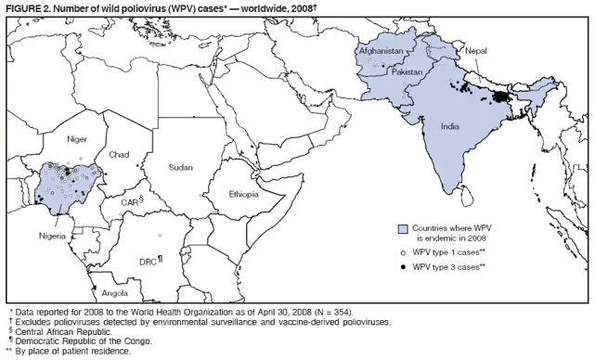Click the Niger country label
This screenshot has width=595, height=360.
point(77,139)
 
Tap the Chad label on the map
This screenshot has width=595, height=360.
point(119,154)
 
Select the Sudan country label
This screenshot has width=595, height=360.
point(181,167)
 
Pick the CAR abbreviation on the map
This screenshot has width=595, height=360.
point(131,201)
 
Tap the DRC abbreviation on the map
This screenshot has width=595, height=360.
point(149,262)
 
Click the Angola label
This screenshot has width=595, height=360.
point(102,293)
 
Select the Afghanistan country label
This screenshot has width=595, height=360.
point(381,51)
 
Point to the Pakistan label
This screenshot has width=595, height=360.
point(407,71)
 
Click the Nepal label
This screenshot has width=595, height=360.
point(476,51)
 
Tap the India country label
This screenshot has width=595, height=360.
point(449,126)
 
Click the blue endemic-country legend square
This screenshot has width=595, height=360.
point(402,229)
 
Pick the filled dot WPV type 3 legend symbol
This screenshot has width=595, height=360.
point(402,267)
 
